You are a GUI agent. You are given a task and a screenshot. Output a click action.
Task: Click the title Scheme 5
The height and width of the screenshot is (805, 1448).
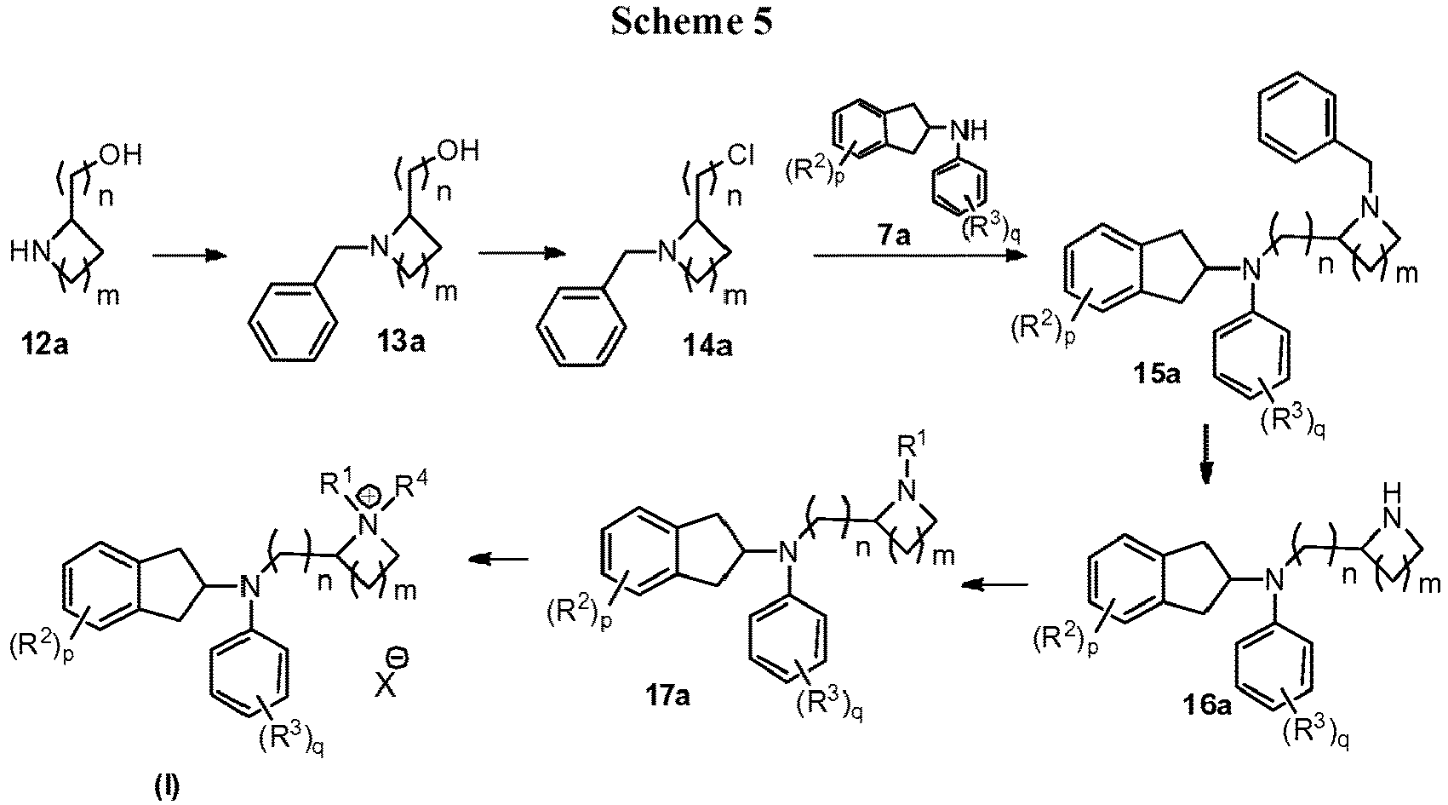(690, 23)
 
